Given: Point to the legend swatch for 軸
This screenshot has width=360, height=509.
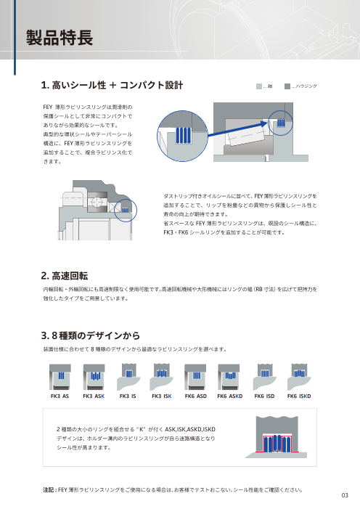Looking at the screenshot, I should (261, 86).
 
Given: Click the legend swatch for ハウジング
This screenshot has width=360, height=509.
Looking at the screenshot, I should (289, 86).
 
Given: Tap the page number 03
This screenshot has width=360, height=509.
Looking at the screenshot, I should (344, 496).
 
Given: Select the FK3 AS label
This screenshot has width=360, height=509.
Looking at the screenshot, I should (60, 396).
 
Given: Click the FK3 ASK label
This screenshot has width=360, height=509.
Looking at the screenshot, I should (94, 396).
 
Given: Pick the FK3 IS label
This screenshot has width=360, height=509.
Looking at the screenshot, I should (128, 396).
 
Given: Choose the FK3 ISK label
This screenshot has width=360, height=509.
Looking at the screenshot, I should (161, 396).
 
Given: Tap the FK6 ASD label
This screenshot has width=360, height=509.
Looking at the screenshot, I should (196, 396).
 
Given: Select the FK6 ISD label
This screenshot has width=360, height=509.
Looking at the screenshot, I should (264, 396).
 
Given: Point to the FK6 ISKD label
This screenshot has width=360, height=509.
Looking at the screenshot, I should (299, 396).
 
